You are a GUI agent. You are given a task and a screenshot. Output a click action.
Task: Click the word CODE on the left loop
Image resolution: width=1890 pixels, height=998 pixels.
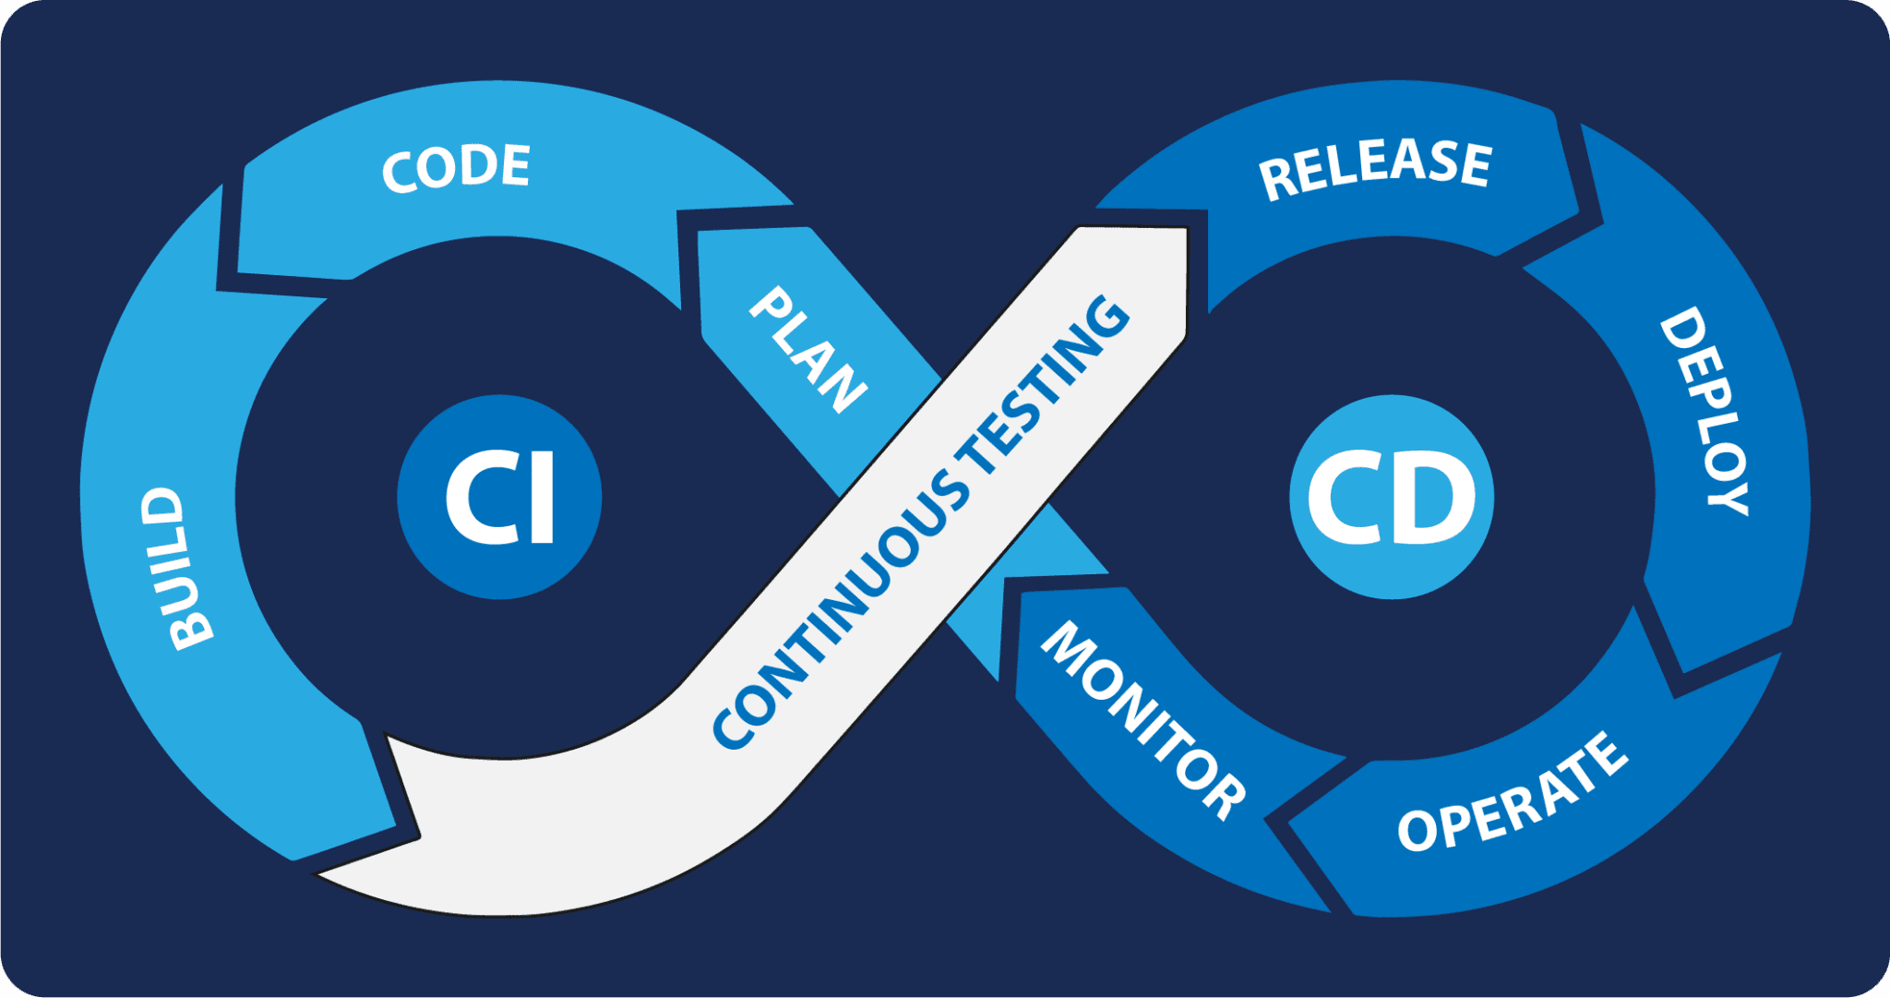pyautogui.click(x=456, y=168)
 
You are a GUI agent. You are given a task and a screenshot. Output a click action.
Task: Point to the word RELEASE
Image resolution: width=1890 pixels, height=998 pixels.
pyautogui.click(x=1374, y=168)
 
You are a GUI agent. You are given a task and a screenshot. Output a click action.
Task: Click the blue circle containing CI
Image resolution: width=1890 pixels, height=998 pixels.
pyautogui.click(x=499, y=497)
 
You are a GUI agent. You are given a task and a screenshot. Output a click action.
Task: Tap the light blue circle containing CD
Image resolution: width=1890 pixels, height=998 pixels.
pyautogui.click(x=1392, y=497)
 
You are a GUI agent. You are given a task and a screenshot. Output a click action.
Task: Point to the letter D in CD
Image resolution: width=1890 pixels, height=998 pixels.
pyautogui.click(x=1435, y=499)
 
